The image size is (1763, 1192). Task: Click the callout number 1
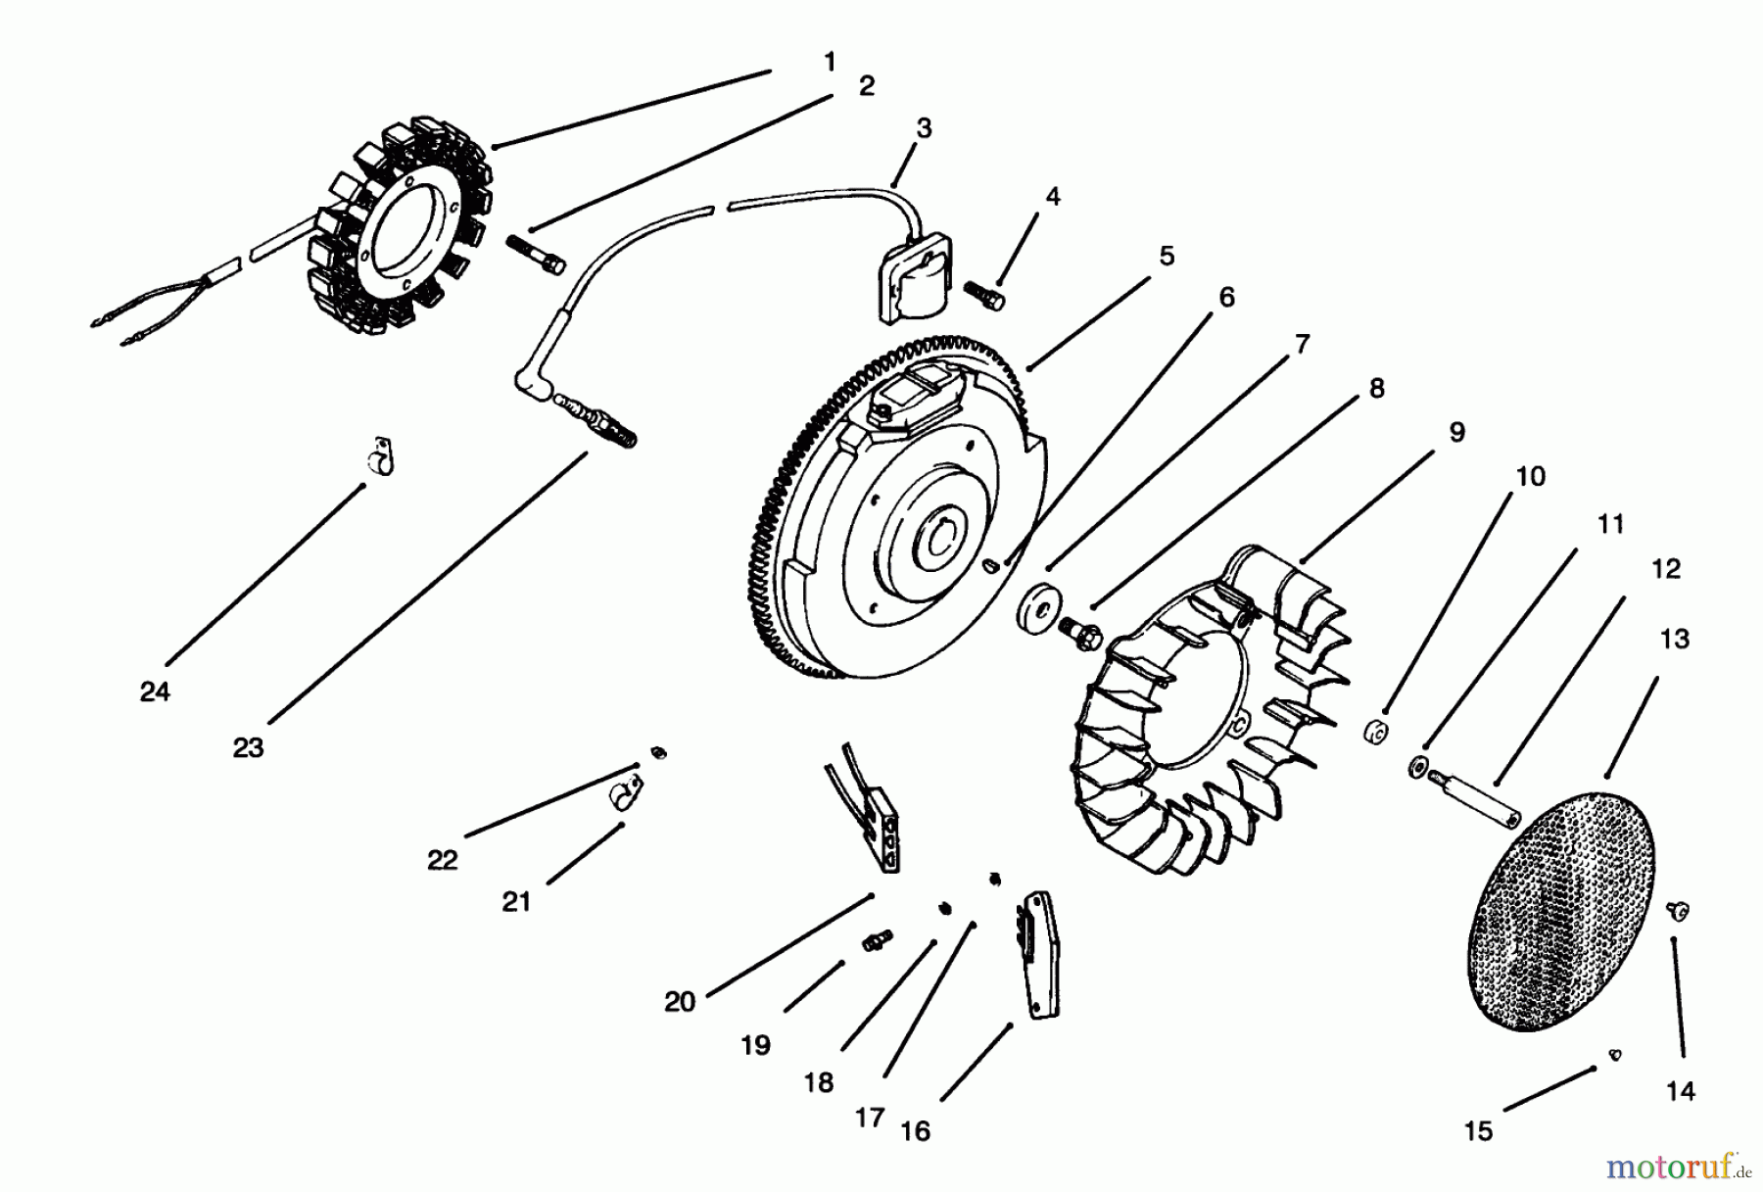click(x=830, y=63)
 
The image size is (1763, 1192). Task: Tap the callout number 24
click(x=155, y=692)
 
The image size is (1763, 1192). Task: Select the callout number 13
click(x=1675, y=640)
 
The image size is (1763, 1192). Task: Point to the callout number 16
click(x=915, y=1131)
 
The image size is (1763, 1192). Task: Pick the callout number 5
click(x=1167, y=257)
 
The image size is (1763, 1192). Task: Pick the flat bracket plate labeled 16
click(x=1039, y=955)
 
